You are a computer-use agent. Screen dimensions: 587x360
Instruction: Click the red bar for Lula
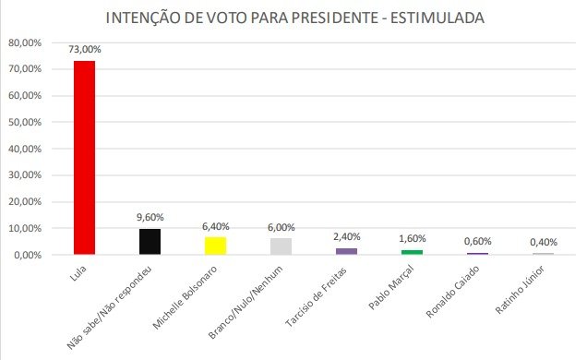point(84,158)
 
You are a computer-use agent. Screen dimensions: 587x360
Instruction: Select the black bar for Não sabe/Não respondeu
point(150,242)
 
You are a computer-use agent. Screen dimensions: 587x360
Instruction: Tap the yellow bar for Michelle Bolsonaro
point(215,246)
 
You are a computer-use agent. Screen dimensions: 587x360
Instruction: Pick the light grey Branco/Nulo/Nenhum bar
point(281,246)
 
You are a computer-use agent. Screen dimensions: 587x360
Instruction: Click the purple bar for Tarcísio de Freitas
point(346,251)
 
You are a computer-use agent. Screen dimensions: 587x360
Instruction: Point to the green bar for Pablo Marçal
point(412,252)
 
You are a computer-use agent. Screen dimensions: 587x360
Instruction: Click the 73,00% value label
point(85,49)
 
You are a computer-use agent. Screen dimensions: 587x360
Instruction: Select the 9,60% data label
point(150,217)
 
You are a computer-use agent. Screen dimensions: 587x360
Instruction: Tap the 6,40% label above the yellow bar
point(216,226)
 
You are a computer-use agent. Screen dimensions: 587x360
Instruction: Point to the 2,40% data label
point(347,236)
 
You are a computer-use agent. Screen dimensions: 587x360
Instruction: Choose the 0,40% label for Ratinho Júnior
point(544,242)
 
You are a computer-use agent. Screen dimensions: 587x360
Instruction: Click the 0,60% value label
point(478,241)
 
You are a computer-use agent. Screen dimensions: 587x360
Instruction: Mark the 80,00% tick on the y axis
point(25,42)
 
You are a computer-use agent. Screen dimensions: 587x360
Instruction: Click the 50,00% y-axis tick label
point(25,122)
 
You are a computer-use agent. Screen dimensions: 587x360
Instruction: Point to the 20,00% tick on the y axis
point(25,202)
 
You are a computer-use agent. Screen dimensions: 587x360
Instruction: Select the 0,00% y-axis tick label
point(28,255)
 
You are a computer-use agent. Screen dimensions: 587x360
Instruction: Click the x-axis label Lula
point(78,273)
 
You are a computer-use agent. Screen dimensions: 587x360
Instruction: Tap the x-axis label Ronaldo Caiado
point(452,292)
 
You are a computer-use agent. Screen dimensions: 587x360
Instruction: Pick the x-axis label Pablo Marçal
point(390,287)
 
